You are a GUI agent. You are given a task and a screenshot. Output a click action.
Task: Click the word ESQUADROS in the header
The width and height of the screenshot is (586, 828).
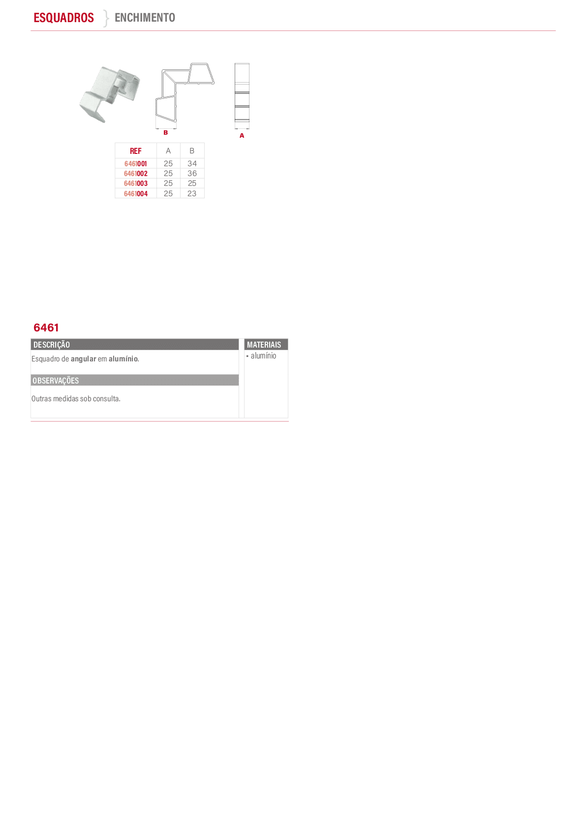point(63,18)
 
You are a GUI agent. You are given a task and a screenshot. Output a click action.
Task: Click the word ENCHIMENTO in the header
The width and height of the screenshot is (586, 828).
point(145,18)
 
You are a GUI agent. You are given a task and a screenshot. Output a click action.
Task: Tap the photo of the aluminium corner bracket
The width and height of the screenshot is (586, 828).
point(110,94)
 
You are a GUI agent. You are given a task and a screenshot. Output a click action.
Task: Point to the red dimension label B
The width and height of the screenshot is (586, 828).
point(166,133)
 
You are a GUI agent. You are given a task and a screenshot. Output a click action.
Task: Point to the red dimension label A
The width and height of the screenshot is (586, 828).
point(242,136)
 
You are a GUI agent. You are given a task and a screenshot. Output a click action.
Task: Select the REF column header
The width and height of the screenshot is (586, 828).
point(135,151)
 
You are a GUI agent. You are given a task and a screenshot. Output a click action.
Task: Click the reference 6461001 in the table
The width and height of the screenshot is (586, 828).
point(135,164)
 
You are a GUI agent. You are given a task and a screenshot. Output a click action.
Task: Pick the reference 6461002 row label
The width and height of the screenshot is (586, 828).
point(135,174)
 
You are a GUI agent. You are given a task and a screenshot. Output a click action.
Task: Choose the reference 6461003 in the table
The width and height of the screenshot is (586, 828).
point(135,183)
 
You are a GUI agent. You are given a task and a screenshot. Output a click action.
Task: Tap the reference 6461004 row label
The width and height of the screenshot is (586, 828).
point(135,194)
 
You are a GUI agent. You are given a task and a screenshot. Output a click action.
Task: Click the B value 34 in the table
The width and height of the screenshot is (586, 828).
point(192,164)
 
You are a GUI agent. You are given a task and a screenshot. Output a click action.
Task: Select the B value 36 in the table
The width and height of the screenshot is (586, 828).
point(192,174)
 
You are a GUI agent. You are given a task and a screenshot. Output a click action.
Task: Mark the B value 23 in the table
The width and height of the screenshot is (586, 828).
point(192,194)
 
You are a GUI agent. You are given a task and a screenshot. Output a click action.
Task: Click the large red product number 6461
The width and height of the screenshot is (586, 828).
point(46,327)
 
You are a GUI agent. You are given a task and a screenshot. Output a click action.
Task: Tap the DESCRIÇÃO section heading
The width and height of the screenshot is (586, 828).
point(52,345)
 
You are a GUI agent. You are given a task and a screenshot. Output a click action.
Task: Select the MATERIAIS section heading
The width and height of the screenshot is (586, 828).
point(264,345)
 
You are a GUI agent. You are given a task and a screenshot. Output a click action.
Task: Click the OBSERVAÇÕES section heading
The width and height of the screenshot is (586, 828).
point(56,381)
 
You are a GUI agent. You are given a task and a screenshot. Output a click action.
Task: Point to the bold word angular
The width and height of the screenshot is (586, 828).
point(83,359)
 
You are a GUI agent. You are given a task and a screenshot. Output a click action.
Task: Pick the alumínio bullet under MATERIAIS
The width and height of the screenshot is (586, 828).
point(263,355)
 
